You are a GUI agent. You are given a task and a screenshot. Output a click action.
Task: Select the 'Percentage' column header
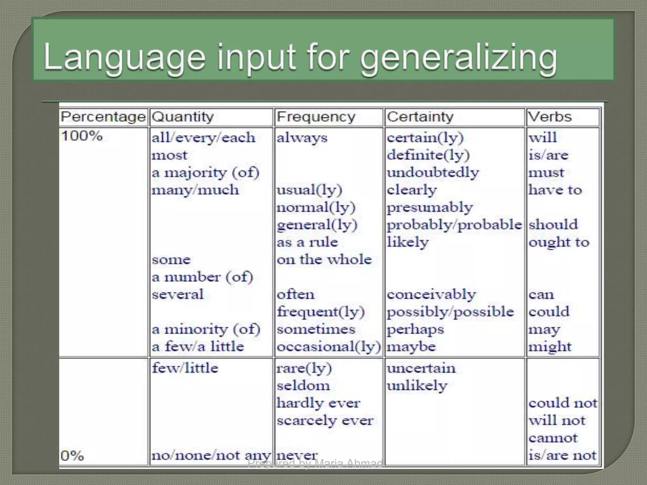coord(103,117)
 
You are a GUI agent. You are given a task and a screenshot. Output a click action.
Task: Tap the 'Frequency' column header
coord(316,117)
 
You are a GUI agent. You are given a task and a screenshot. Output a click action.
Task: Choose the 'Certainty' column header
coord(420,117)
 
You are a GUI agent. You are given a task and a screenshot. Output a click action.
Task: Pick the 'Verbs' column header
coord(550,117)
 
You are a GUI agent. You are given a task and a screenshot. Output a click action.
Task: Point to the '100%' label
coord(82,136)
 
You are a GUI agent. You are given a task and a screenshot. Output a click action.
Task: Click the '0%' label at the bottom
coord(72,456)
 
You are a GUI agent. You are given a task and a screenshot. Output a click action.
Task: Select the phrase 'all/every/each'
coord(203,138)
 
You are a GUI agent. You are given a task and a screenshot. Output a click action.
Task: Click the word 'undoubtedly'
coord(433,173)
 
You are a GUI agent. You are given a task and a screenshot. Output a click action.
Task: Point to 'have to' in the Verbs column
coord(555,190)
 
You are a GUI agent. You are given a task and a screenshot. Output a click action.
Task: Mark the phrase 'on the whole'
coord(324,260)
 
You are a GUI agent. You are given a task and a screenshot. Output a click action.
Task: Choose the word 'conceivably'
coord(431,295)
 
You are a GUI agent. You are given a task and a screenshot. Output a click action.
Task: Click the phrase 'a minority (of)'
coord(206,329)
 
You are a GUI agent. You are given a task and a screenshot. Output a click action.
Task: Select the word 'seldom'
coord(303,386)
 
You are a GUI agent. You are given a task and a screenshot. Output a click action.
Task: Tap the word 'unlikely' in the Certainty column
coord(417,386)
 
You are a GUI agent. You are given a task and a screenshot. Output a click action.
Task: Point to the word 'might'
coord(550,347)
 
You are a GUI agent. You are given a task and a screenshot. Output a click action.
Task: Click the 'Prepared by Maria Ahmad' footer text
coord(315,463)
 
